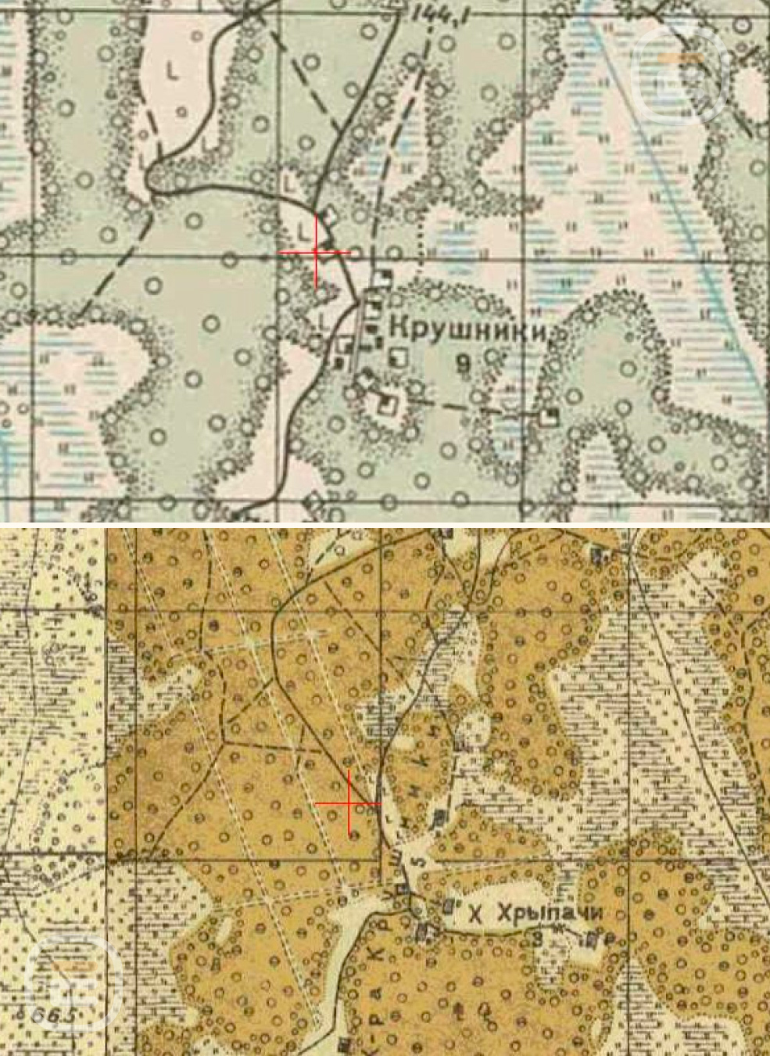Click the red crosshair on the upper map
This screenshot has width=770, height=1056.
(317, 252)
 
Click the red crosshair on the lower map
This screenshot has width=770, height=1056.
(349, 803)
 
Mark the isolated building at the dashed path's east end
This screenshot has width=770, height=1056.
(552, 415)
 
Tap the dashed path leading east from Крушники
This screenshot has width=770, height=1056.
(477, 408)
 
